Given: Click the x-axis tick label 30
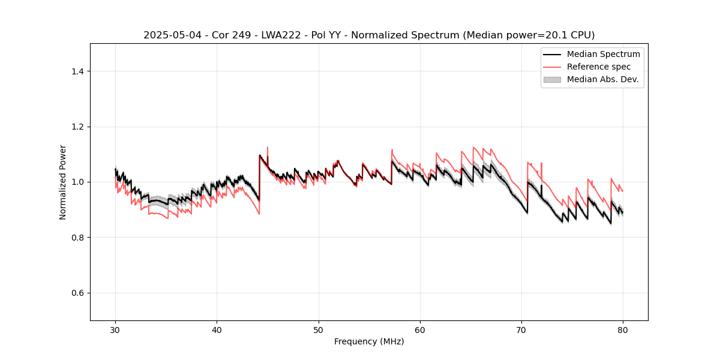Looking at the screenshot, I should [x=116, y=330].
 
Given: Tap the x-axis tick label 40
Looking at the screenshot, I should [x=217, y=330].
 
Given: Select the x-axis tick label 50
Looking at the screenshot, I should [x=319, y=330].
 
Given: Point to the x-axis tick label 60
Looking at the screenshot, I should [x=420, y=330].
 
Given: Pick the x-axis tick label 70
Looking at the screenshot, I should [x=521, y=330].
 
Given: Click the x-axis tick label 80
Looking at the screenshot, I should [x=623, y=330].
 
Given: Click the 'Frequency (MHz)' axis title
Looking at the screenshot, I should [x=369, y=341].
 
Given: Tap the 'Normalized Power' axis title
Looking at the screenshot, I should [x=63, y=182].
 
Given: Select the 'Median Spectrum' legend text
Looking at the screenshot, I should [x=603, y=54].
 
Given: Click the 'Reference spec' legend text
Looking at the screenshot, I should [x=599, y=67].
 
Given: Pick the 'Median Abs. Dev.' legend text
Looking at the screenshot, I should [x=602, y=79].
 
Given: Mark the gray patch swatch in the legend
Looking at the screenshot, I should [x=552, y=79].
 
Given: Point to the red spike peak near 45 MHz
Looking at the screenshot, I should [x=268, y=147].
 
